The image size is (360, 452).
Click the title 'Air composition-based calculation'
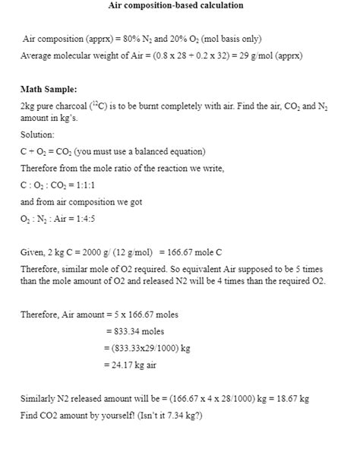(180, 6)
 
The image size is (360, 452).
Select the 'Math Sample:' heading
(49, 90)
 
